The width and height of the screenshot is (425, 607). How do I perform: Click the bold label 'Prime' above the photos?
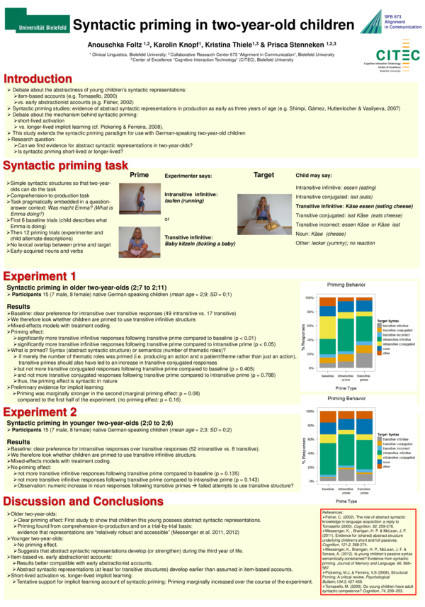point(140,175)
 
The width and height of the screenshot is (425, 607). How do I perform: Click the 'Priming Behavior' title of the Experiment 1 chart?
point(345,283)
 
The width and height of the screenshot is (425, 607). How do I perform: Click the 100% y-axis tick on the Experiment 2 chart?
point(310,412)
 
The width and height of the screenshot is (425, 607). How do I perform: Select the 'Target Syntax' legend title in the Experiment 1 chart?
point(388,321)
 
